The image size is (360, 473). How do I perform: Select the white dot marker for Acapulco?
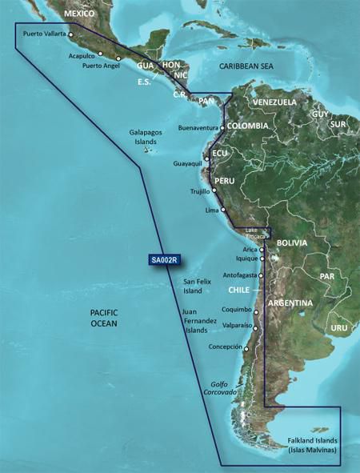[101, 54]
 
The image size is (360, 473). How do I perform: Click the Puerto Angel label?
[100, 66]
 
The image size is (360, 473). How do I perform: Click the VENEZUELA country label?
[274, 102]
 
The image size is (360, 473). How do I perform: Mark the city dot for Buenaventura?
[222, 127]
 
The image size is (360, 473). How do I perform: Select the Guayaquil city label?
[189, 163]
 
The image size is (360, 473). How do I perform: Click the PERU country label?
[225, 181]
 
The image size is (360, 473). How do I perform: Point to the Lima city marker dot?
[223, 210]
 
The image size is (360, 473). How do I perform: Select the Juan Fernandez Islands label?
[200, 321]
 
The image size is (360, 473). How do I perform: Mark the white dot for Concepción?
[246, 348]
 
